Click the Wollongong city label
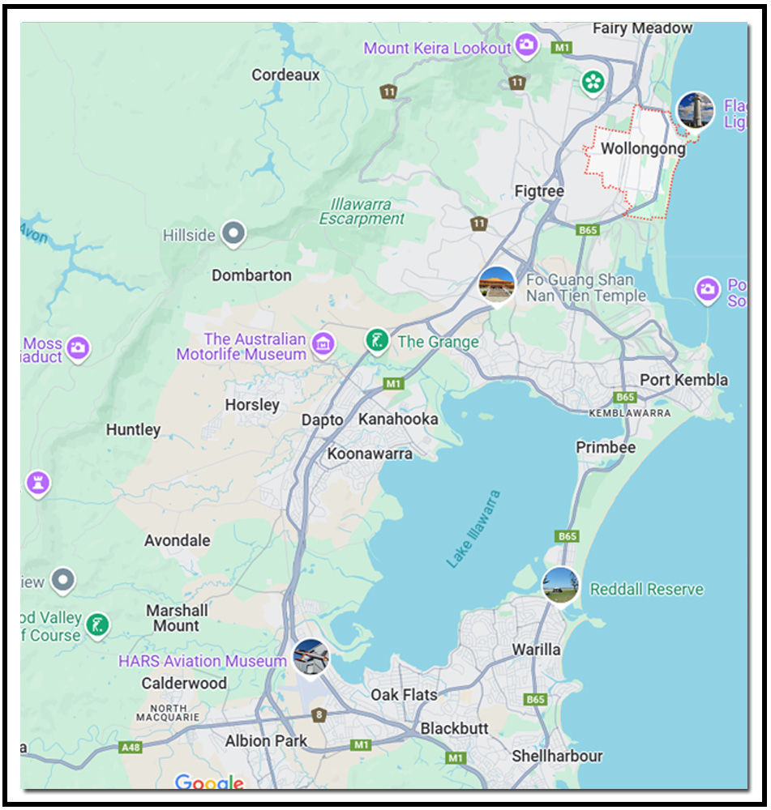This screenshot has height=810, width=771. click(642, 149)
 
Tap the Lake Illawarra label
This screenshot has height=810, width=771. click(473, 528)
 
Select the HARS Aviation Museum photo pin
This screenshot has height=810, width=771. click(310, 657)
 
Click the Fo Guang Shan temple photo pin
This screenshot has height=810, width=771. click(496, 284)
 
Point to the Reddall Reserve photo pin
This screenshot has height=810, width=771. click(560, 585)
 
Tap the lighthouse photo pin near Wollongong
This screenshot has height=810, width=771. click(696, 110)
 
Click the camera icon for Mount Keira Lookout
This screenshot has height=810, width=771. click(527, 45)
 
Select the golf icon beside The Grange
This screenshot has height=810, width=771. click(376, 341)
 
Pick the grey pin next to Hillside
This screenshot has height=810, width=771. click(233, 234)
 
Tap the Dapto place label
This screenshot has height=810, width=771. click(323, 420)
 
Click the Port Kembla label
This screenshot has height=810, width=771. click(683, 380)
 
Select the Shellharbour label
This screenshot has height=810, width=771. click(557, 757)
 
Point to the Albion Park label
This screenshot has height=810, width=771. click(266, 740)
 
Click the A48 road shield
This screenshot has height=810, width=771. click(131, 747)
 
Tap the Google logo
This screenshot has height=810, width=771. click(209, 782)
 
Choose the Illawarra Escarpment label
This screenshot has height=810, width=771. click(362, 211)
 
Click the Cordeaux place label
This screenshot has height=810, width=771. click(285, 75)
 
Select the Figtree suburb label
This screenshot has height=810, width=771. click(539, 191)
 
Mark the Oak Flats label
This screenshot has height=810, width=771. click(404, 695)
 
